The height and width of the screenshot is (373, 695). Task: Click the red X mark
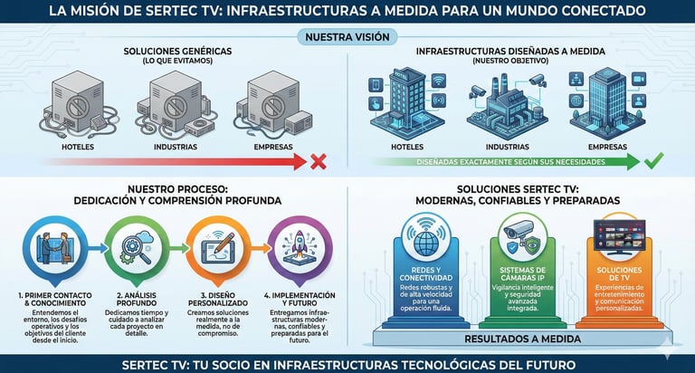coord(318,162)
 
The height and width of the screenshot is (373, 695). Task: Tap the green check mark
coord(654,162)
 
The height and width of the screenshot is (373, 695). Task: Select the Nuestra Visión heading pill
coord(347,37)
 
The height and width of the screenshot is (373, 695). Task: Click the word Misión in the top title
coord(121,11)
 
